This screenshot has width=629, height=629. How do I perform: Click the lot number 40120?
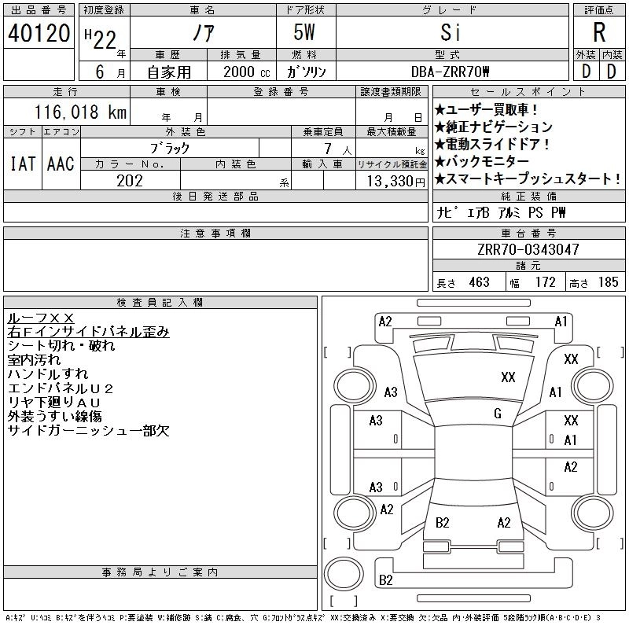(x=39, y=33)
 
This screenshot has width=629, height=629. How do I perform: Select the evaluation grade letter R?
(x=598, y=33)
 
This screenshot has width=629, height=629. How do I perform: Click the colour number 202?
(x=130, y=180)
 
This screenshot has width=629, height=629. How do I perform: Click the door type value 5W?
(x=306, y=33)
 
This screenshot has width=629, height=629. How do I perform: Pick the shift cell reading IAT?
(x=22, y=164)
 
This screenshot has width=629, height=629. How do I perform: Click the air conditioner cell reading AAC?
(x=61, y=164)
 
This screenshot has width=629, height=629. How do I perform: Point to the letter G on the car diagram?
(x=498, y=414)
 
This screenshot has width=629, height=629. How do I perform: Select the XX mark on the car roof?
(x=508, y=377)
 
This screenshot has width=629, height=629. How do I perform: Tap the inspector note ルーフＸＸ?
(x=40, y=318)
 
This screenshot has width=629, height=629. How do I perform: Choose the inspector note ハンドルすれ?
(x=48, y=374)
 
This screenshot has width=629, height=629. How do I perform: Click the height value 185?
(x=608, y=282)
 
